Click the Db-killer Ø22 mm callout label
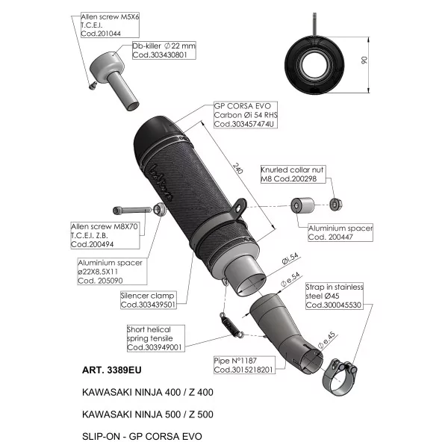(164, 50)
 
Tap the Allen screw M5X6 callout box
(110, 25)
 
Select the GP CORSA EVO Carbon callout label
(246, 115)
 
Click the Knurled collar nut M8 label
(293, 174)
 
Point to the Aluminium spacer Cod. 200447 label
(340, 232)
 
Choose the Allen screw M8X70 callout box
(105, 235)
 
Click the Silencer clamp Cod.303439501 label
(148, 300)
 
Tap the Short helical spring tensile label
(156, 338)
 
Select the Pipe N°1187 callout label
(244, 365)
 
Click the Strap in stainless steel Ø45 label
(335, 296)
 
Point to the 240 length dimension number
(237, 168)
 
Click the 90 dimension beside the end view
(364, 60)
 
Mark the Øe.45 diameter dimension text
(327, 340)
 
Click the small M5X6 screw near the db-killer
(93, 85)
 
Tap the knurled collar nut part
(336, 205)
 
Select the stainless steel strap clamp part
(340, 378)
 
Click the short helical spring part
(231, 325)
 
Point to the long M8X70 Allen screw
(132, 211)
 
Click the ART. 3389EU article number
(112, 370)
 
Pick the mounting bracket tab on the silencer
(239, 208)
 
